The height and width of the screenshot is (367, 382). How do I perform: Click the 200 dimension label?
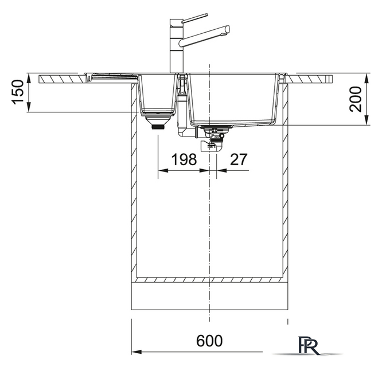click(356, 99)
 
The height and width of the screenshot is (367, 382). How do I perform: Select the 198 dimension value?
click(184, 160)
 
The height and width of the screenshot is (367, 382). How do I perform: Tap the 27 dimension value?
click(239, 160)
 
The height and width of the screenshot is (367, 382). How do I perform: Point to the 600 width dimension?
click(209, 341)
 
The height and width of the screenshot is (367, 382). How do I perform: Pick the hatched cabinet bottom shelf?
click(209, 280)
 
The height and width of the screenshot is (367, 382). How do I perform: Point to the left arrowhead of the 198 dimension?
click(161, 171)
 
